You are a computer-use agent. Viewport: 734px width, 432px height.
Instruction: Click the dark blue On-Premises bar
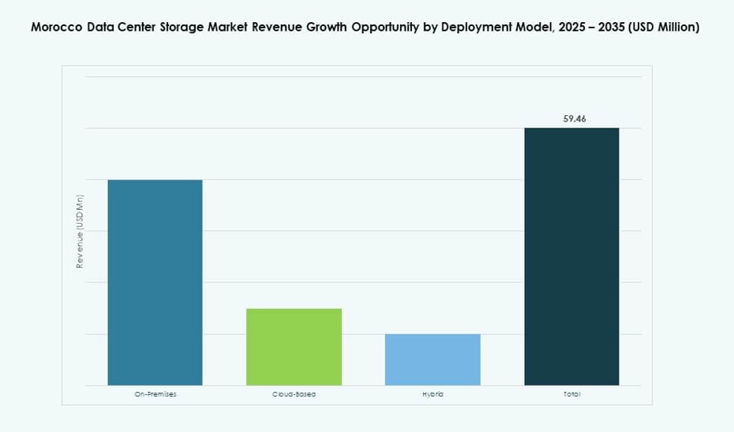coord(155,282)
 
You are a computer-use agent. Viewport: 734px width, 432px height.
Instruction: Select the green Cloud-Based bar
coord(294,347)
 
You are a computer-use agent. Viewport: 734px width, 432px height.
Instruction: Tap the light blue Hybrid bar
coord(433,359)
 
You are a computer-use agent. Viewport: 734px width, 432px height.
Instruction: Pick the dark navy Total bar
coord(571,256)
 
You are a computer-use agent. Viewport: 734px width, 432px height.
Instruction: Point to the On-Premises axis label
coord(155,394)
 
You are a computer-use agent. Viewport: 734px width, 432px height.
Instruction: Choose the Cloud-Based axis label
coord(294,394)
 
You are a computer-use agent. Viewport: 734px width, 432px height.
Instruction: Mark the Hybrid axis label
coord(433,394)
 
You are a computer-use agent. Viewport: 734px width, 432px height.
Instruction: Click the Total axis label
coord(572,394)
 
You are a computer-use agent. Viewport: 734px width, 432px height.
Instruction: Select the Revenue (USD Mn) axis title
coord(80,231)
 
